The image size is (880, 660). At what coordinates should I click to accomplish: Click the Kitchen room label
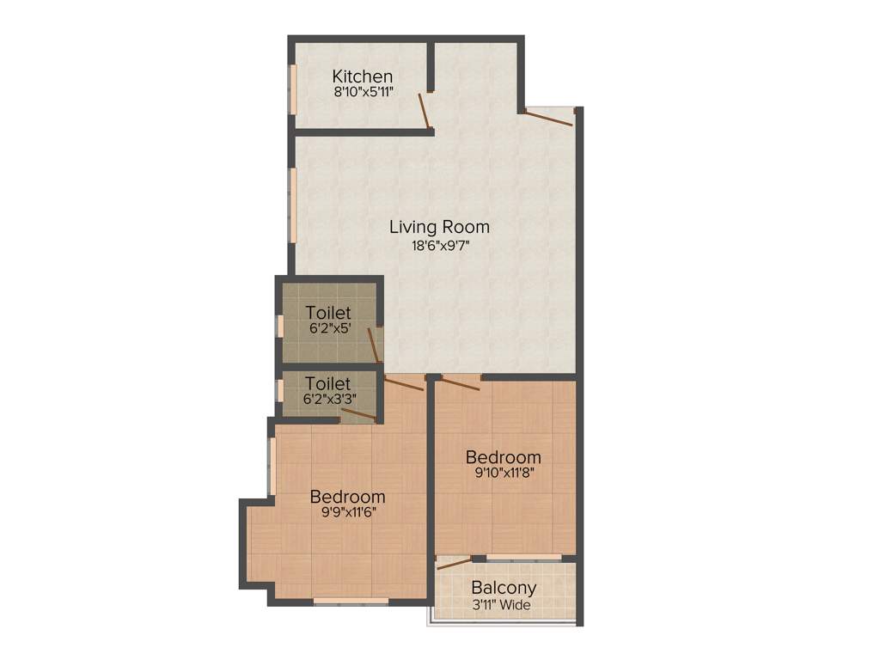click(363, 76)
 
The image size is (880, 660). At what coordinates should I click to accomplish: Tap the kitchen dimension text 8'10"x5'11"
click(363, 92)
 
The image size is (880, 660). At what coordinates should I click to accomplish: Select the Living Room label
click(439, 228)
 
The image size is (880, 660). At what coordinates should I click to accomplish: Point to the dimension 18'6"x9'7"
click(439, 245)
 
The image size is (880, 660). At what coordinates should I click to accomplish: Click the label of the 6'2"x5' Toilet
click(327, 312)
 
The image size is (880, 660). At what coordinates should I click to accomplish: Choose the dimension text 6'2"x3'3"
click(327, 399)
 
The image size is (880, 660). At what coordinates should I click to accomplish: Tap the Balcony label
click(504, 589)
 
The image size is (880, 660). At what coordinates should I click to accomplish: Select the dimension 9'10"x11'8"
click(503, 472)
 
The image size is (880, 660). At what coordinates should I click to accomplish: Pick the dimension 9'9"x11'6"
click(347, 511)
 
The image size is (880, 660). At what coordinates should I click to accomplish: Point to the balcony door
click(455, 564)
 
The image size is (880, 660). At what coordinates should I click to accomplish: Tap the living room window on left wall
click(292, 205)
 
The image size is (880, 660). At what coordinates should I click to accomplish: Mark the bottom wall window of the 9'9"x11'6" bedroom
click(351, 602)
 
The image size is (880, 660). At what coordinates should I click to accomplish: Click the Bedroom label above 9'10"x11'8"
click(503, 456)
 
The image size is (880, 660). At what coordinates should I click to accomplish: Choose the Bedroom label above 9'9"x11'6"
click(347, 497)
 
